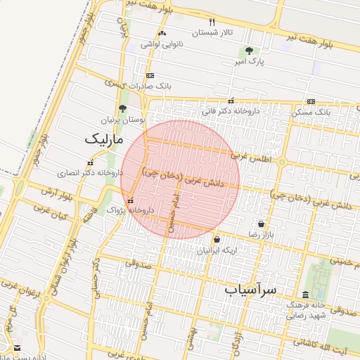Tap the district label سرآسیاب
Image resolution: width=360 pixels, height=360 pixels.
[x=252, y=289]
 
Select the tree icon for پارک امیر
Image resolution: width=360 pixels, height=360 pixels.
[x=249, y=51]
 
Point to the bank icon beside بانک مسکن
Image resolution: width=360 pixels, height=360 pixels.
[x=311, y=101]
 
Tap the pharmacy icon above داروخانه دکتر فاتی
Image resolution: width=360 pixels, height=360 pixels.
[x=231, y=101]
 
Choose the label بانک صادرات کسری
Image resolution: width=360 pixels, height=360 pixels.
[x=146, y=86]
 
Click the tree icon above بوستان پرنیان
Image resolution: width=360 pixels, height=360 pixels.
[x=123, y=109]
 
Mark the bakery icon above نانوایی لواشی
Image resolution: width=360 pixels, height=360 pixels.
[x=162, y=33]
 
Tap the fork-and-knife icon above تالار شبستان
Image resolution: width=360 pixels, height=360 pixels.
[x=212, y=22]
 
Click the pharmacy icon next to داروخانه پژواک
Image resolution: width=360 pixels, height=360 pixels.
[x=130, y=201]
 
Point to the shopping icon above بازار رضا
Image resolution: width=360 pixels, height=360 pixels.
[x=261, y=224]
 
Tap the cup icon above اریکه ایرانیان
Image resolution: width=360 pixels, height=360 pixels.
[x=217, y=240]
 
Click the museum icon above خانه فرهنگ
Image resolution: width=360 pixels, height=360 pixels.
[x=304, y=295]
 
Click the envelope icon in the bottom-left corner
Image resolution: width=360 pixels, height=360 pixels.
[x=17, y=348]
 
